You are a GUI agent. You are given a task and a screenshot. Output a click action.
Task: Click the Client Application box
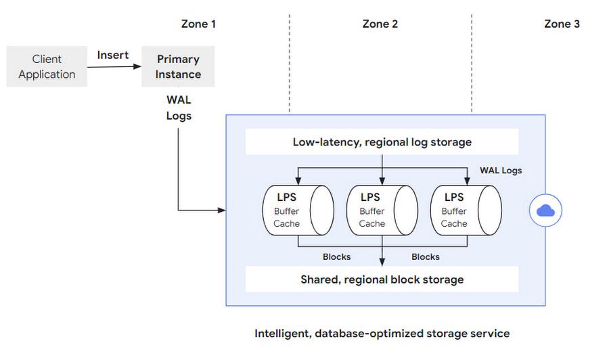(47, 66)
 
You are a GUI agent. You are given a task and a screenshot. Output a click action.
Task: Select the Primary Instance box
(178, 66)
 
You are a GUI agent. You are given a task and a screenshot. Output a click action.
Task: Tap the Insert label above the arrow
(112, 55)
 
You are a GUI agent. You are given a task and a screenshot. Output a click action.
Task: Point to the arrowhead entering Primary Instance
(137, 66)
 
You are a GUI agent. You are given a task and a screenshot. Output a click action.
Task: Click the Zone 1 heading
(198, 24)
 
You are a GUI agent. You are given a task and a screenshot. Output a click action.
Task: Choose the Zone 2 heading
(380, 24)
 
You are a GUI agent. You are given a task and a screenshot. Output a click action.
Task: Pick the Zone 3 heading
(562, 24)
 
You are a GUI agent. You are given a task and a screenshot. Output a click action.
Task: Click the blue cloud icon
(545, 210)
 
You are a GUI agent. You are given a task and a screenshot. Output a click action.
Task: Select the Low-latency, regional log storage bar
(382, 141)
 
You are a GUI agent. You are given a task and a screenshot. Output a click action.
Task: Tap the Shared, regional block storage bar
(382, 279)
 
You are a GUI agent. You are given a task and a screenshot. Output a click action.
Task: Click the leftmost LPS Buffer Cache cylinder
(298, 210)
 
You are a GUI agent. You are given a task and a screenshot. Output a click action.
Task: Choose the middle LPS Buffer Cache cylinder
(382, 210)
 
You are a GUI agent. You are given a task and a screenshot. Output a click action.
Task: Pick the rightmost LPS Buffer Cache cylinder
(466, 210)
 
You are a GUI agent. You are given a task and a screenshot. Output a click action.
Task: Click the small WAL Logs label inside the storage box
(501, 171)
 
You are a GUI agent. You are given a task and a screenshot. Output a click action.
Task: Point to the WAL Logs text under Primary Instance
(179, 108)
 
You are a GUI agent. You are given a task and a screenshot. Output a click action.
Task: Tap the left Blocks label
(337, 256)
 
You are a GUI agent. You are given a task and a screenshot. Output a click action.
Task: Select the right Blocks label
(426, 256)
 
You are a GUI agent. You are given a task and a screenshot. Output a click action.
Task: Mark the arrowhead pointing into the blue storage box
(222, 210)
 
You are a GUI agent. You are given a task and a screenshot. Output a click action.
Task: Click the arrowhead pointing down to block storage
(382, 262)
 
